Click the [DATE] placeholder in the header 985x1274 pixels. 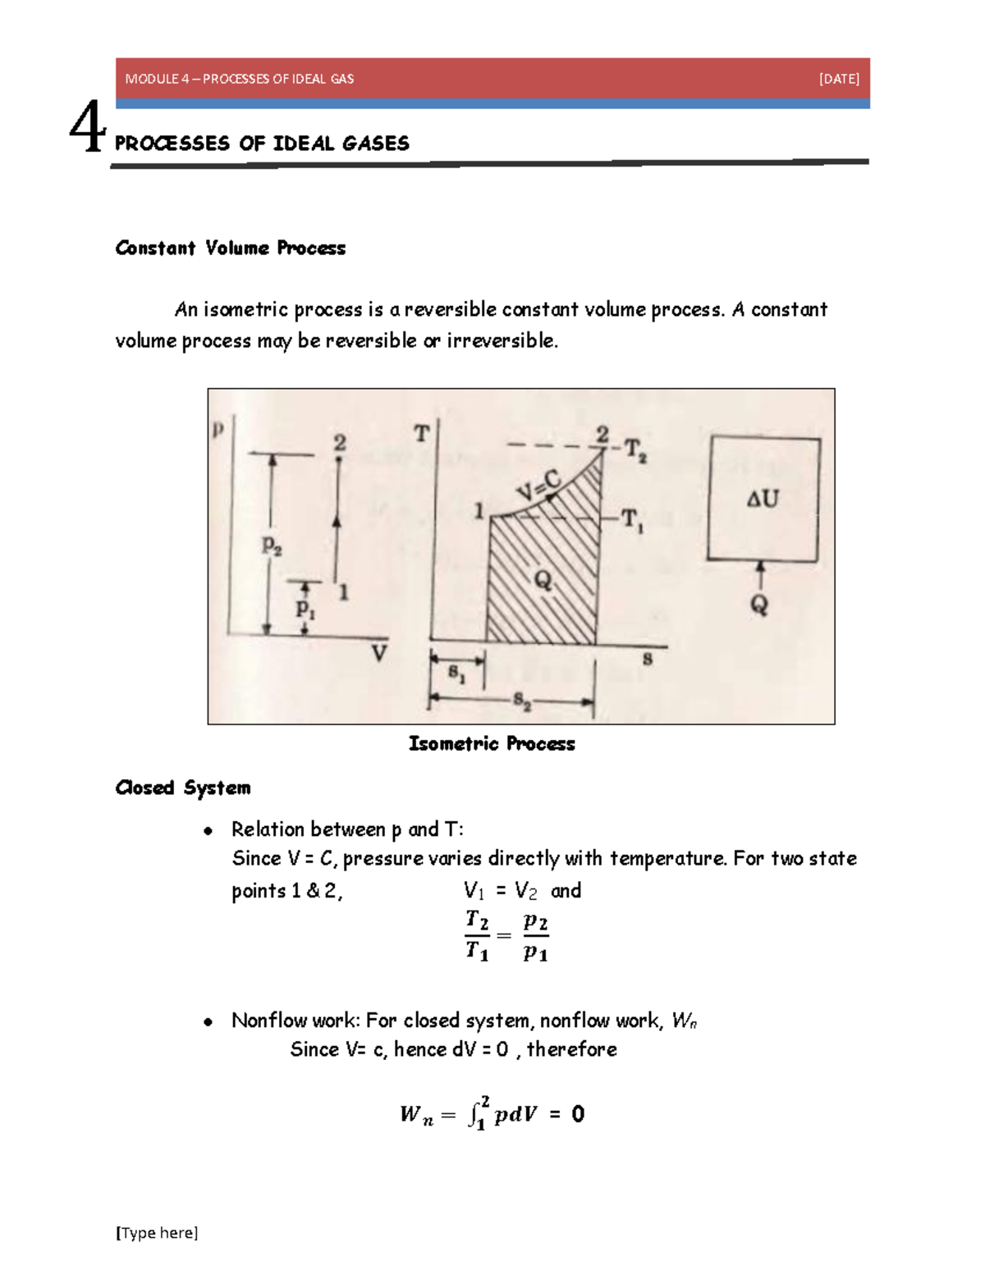coord(839,79)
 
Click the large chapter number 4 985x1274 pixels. coord(87,127)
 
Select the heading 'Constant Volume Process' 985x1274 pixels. coord(230,248)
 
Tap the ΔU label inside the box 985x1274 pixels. coord(763,498)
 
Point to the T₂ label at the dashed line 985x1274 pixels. coord(635,450)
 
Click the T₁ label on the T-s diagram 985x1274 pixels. coord(632,520)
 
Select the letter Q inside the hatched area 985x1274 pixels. coord(543,581)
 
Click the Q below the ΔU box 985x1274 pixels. coord(759,605)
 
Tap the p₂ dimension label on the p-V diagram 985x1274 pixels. coord(272,545)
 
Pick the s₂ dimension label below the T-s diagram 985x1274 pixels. coord(522,701)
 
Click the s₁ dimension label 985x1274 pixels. coord(456,674)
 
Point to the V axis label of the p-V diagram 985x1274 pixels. coord(378,654)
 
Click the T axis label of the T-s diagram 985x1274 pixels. coord(421,433)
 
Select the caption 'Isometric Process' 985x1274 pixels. coord(492,743)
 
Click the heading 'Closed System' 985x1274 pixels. coord(183,788)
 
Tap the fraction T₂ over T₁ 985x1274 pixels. coord(477,935)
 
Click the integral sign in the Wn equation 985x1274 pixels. coord(475,1114)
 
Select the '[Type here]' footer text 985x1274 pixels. coord(157,1232)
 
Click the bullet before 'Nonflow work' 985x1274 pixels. coord(208,1021)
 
